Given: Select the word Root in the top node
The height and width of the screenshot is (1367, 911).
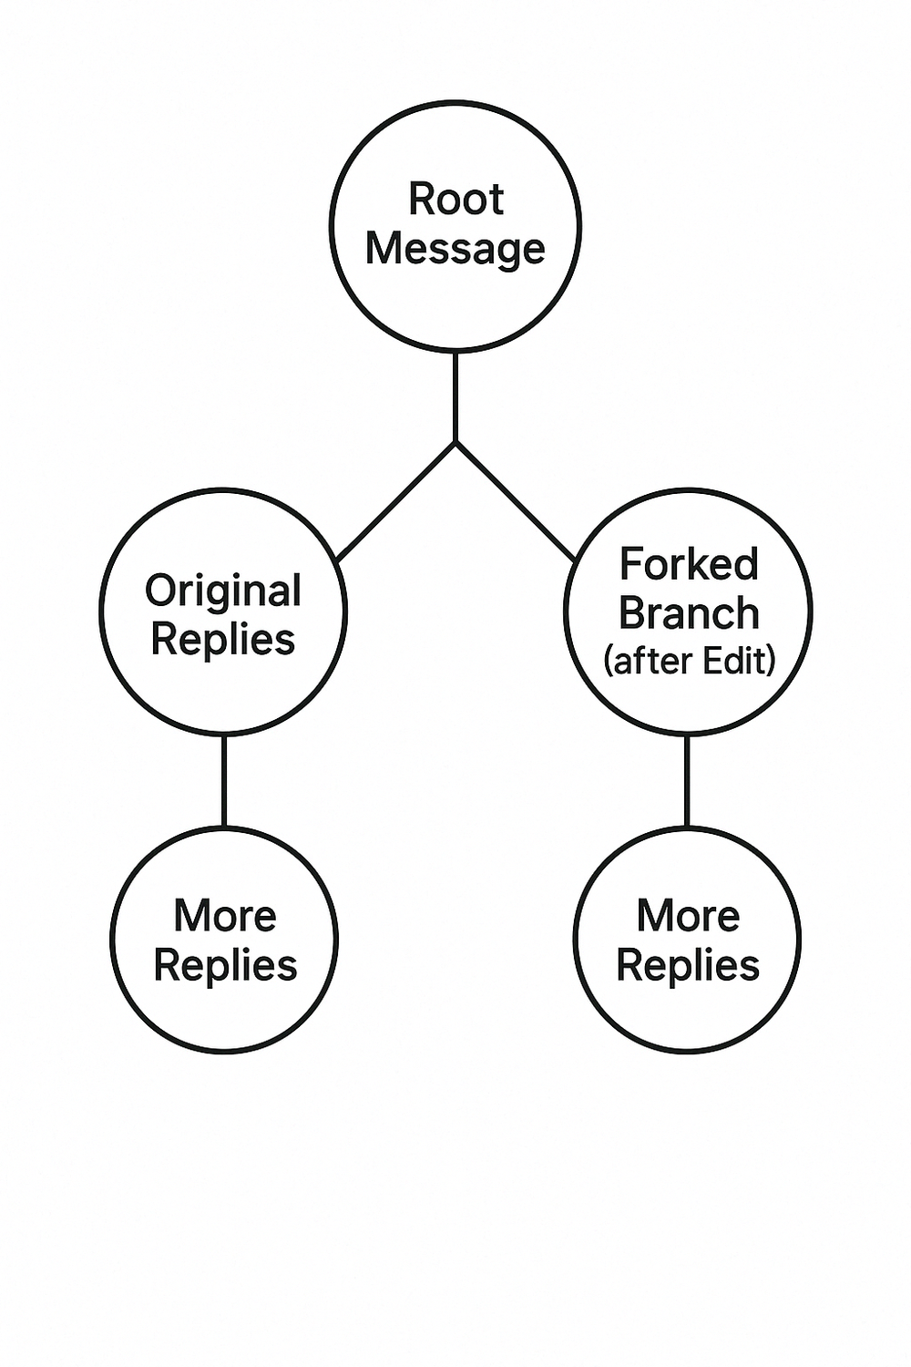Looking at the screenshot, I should (x=455, y=199).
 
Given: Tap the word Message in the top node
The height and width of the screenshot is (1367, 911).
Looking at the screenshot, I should (x=455, y=248).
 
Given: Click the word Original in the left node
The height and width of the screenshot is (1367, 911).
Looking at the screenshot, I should (x=223, y=591).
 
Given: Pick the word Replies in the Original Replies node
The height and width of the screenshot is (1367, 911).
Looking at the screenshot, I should (x=223, y=639).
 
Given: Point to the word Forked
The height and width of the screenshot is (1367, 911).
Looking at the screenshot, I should (x=689, y=564).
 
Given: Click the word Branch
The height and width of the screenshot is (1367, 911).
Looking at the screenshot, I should (x=689, y=613).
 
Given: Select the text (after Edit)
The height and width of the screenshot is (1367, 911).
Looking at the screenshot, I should (x=689, y=661).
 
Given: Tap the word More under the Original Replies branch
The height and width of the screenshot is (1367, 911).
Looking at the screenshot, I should (x=225, y=916).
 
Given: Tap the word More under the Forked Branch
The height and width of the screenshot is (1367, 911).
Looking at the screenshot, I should (x=688, y=916).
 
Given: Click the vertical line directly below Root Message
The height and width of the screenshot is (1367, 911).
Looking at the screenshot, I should (x=455, y=396).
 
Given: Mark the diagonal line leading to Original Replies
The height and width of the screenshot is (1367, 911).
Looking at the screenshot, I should (x=396, y=501).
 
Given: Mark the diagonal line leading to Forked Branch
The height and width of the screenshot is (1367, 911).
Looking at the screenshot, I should (x=515, y=501).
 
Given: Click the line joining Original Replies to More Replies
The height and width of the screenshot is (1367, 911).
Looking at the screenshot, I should (x=224, y=780).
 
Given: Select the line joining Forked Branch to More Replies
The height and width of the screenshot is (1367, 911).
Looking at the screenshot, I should (x=687, y=780).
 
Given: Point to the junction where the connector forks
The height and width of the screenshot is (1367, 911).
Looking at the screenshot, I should (x=455, y=443).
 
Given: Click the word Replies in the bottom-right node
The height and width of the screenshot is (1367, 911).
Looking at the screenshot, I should (x=688, y=965).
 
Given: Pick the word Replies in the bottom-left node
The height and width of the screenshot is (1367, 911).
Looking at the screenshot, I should (x=225, y=965).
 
